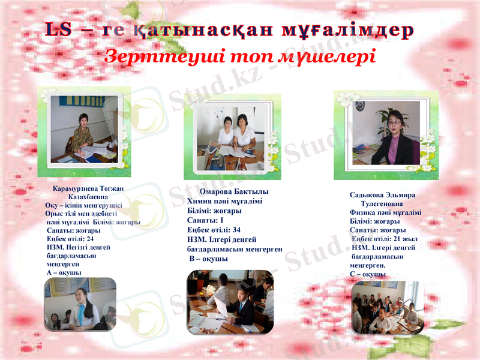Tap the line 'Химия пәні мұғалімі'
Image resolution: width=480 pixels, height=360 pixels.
pyautogui.click(x=224, y=202)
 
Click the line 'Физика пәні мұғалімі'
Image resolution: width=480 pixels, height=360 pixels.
pyautogui.click(x=385, y=212)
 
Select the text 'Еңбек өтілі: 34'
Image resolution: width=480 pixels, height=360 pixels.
pyautogui.click(x=214, y=230)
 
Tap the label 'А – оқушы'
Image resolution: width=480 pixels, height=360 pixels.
pyautogui.click(x=64, y=272)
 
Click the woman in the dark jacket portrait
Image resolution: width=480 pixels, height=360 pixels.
pyautogui.click(x=392, y=139)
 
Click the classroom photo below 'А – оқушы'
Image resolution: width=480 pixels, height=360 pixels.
pyautogui.click(x=80, y=304)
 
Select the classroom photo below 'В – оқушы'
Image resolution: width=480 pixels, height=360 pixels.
pyautogui.click(x=230, y=302)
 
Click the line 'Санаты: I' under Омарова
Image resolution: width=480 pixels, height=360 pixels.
pyautogui.click(x=205, y=220)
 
